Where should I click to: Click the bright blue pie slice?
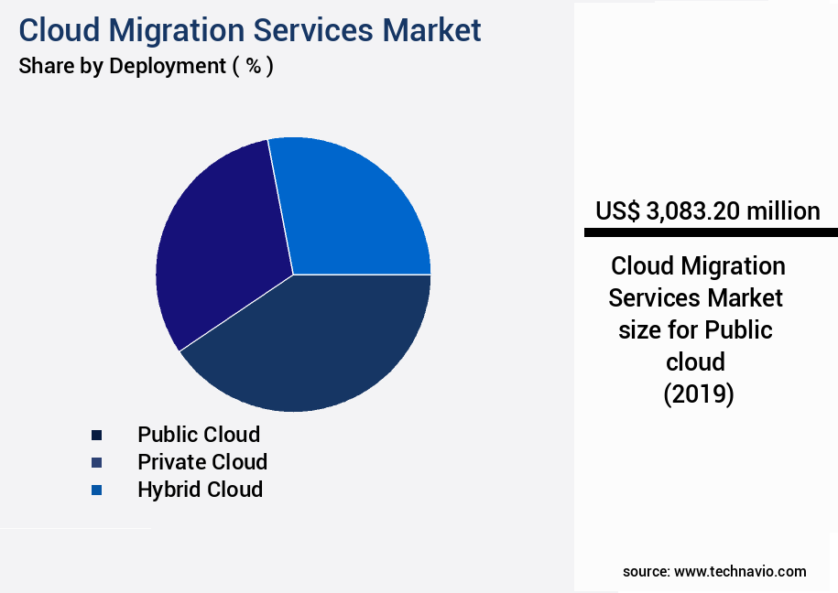tap(353, 210)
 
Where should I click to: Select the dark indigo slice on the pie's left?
tap(220, 247)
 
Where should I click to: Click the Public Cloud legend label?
tap(199, 435)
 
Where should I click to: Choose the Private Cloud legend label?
tap(202, 462)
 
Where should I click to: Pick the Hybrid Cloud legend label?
tap(200, 490)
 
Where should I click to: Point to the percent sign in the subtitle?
tap(254, 66)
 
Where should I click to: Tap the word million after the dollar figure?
tap(783, 211)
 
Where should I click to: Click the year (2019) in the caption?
tap(698, 394)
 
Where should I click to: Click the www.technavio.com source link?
tap(740, 572)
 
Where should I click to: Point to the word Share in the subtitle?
tap(43, 66)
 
